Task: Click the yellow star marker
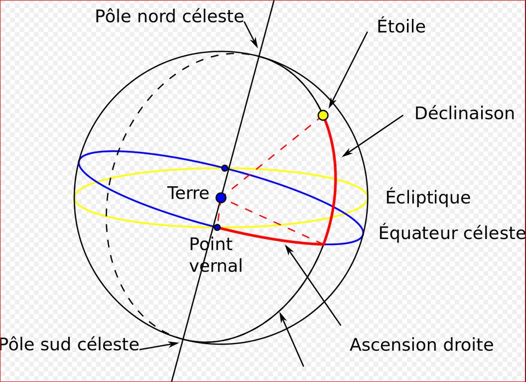pos(323,116)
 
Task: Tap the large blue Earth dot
pos(221,198)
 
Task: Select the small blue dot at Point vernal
pos(217,227)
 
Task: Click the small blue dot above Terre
pos(225,168)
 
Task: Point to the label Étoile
pos(401,26)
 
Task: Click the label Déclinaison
pos(464,113)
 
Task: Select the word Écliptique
pos(428,197)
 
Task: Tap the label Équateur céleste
pos(452,233)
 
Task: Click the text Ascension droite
pos(421,344)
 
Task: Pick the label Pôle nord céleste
pos(169,16)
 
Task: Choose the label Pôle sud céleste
pos(69,344)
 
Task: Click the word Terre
pos(188,193)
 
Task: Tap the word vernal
pos(216,265)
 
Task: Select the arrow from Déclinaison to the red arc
pos(374,135)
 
